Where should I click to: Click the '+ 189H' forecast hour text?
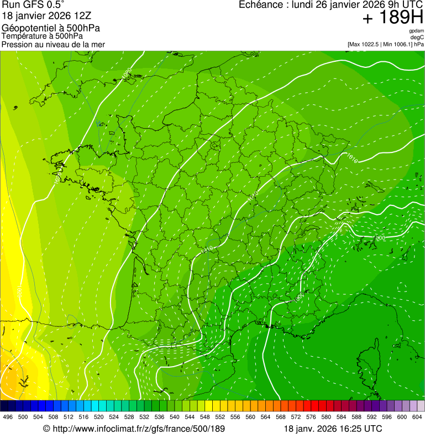(x=392, y=18)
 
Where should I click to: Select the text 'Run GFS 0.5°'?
(x=33, y=6)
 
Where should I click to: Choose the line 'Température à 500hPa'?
(x=42, y=36)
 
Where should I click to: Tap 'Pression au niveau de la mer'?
(x=53, y=44)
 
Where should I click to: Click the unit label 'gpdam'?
(x=416, y=31)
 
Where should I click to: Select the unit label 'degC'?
(x=417, y=38)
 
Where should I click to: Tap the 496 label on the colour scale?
(x=8, y=417)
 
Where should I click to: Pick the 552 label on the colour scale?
(x=219, y=417)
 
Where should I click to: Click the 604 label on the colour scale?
(x=417, y=417)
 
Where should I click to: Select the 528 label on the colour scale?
(x=129, y=417)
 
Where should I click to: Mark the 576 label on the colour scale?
(x=311, y=417)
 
